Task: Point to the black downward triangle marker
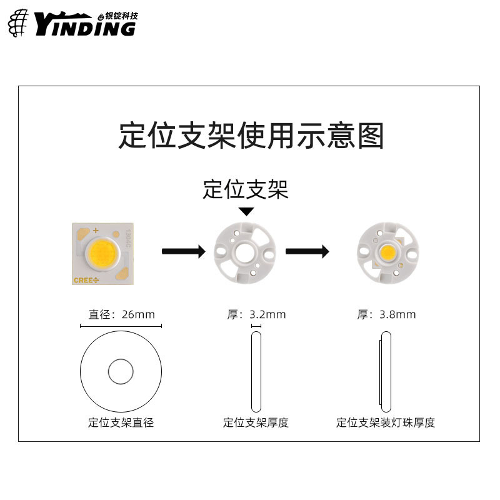[x=247, y=211]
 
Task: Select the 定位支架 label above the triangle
[x=246, y=189]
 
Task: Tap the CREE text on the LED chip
[x=86, y=279]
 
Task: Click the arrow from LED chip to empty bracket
[x=183, y=252]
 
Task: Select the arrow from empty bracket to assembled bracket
[x=307, y=252]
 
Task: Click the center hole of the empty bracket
[x=246, y=252]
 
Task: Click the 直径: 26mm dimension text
[x=121, y=314]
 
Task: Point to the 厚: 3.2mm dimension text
[x=256, y=314]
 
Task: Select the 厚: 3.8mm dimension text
[x=386, y=314]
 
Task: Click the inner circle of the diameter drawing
[x=121, y=372]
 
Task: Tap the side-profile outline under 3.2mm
[x=256, y=371]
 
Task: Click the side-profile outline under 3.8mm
[x=386, y=371]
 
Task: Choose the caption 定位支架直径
[x=121, y=422]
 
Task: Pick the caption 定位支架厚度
[x=256, y=422]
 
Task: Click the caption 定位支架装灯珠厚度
[x=386, y=422]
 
